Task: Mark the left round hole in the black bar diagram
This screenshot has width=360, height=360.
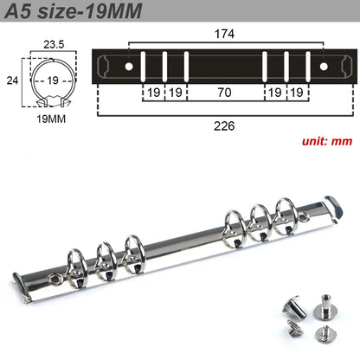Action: point(129,66)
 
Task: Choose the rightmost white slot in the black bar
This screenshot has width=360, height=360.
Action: point(305,66)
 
